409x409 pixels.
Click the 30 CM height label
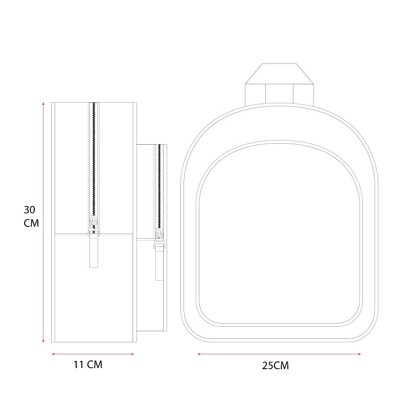(31, 216)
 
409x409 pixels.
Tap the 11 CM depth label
(88, 365)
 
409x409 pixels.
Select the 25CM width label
(276, 366)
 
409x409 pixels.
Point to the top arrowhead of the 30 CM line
(43, 104)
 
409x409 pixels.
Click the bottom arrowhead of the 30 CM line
(43, 340)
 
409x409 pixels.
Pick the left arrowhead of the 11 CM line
(53, 354)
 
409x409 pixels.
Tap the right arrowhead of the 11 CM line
(132, 354)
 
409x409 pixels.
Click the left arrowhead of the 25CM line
(199, 354)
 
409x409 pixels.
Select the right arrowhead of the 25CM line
(359, 354)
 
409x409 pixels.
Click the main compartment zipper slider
(94, 225)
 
